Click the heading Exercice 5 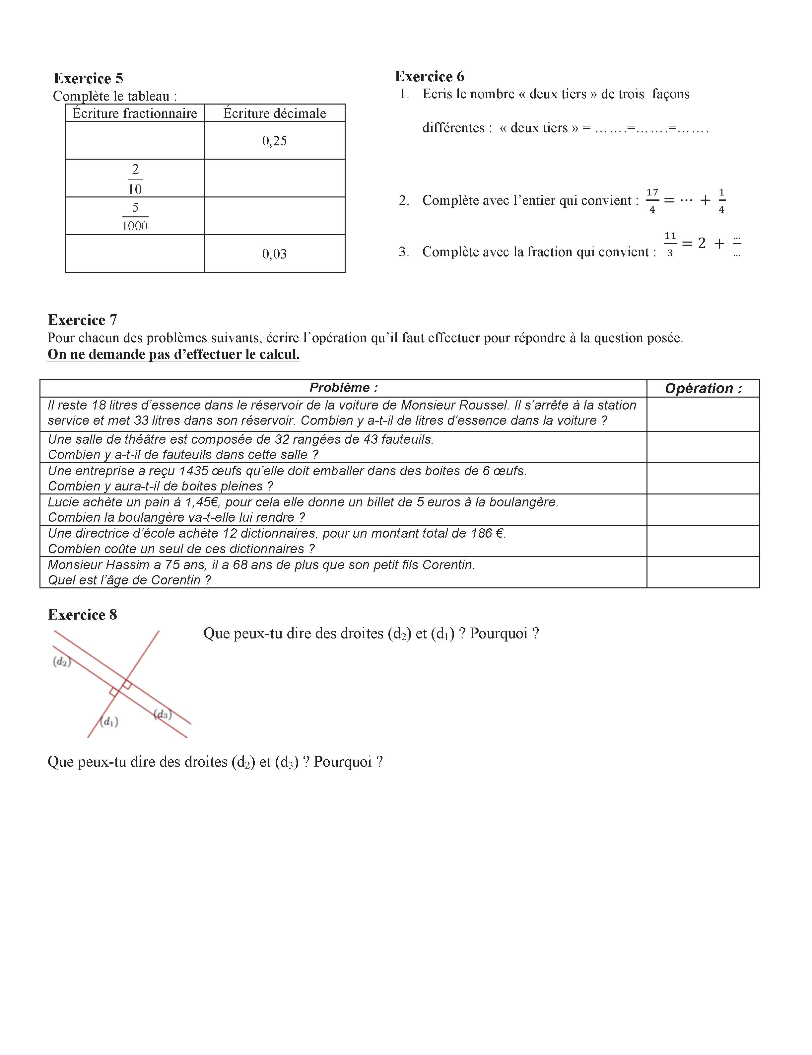[88, 78]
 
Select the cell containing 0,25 [274, 141]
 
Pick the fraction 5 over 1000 [135, 216]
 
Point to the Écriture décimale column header [275, 113]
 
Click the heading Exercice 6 [429, 76]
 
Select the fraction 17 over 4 [652, 200]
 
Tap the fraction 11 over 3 [670, 244]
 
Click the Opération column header [703, 388]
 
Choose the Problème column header [343, 387]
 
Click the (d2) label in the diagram [62, 662]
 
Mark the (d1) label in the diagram [109, 722]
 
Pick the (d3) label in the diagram [163, 714]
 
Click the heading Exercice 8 [83, 615]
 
